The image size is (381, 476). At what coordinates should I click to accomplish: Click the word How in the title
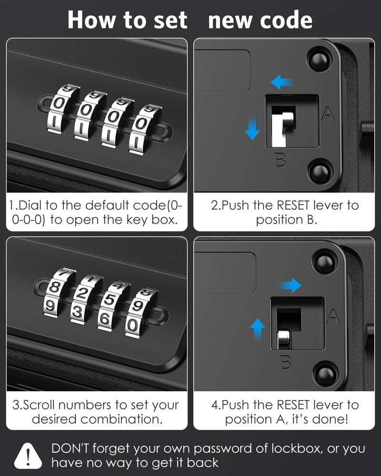coord(91,20)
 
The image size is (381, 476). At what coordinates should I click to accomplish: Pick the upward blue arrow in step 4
coord(258,328)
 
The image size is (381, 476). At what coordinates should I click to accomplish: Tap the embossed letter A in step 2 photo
coord(328,114)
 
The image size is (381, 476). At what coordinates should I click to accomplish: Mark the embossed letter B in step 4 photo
coord(285,364)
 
